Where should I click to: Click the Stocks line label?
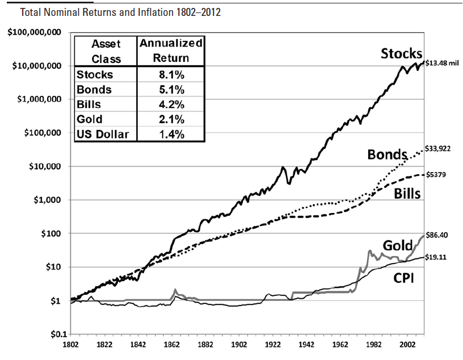[x=401, y=54]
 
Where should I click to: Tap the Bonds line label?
[x=388, y=154]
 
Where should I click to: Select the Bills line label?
[x=407, y=194]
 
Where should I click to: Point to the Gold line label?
[x=397, y=245]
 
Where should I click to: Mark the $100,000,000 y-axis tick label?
[x=34, y=32]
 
